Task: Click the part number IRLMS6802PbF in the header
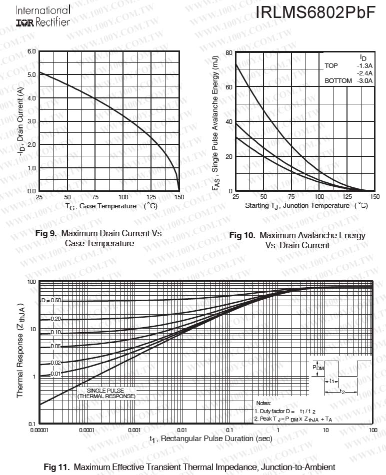[x=315, y=13]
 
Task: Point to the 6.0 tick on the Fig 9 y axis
[x=31, y=51]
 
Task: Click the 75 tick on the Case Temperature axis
[x=95, y=197]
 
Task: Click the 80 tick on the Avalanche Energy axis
[x=228, y=52]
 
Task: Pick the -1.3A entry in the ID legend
[x=364, y=66]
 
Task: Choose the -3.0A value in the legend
[x=364, y=81]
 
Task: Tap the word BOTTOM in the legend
[x=338, y=81]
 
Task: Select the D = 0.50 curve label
[x=50, y=301]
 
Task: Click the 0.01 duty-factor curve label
[x=55, y=373]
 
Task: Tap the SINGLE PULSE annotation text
[x=106, y=391]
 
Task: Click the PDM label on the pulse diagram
[x=318, y=367]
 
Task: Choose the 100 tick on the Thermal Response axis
[x=31, y=282]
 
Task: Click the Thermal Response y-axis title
[x=20, y=350]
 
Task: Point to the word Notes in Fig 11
[x=263, y=403]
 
